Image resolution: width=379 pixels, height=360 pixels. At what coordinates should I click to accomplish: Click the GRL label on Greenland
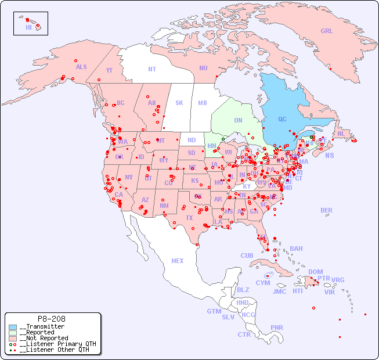pyautogui.click(x=327, y=31)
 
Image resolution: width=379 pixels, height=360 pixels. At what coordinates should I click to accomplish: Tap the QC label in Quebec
pyautogui.click(x=282, y=119)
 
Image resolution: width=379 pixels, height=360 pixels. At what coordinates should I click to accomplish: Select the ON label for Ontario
pyautogui.click(x=238, y=120)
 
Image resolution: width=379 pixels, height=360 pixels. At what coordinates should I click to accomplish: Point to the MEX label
pyautogui.click(x=178, y=261)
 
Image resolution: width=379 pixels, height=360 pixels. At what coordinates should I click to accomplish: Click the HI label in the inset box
pyautogui.click(x=28, y=27)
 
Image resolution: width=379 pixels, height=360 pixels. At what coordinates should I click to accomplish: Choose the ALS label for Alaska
pyautogui.click(x=81, y=67)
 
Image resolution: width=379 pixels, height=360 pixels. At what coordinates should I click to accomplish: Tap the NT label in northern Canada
pyautogui.click(x=152, y=69)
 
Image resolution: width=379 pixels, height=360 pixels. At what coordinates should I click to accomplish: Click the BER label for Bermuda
pyautogui.click(x=327, y=210)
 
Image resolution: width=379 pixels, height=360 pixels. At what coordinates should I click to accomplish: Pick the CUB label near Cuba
pyautogui.click(x=247, y=255)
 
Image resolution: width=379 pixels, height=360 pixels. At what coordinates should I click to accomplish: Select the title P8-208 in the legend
pyautogui.click(x=51, y=319)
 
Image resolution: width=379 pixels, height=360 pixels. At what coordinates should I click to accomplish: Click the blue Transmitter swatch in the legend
pyautogui.click(x=13, y=327)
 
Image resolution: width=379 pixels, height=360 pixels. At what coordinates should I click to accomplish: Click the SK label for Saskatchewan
pyautogui.click(x=179, y=103)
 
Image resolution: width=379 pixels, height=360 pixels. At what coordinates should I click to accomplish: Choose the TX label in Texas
pyautogui.click(x=189, y=218)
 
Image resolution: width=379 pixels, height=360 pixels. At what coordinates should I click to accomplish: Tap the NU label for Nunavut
pyautogui.click(x=203, y=68)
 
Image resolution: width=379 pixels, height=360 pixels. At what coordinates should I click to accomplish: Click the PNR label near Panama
pyautogui.click(x=277, y=327)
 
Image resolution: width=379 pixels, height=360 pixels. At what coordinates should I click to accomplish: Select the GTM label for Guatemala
pyautogui.click(x=214, y=311)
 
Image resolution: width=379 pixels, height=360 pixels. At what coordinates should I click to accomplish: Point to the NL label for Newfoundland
pyautogui.click(x=341, y=134)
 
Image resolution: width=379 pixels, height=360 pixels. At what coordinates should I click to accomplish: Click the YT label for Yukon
pyautogui.click(x=109, y=70)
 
